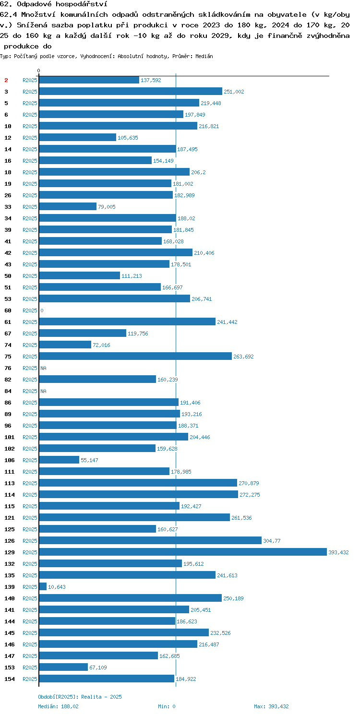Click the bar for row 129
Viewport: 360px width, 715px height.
click(183, 552)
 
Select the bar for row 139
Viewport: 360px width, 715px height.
click(43, 586)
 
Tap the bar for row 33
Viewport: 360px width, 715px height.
click(68, 206)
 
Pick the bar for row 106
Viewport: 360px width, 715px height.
click(59, 460)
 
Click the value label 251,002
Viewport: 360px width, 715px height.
click(234, 92)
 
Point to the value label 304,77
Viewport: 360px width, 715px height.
click(272, 541)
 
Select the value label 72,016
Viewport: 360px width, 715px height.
click(101, 345)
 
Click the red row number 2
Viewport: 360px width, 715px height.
click(6, 80)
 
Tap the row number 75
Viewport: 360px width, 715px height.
click(8, 357)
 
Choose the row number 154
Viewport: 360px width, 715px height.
click(10, 679)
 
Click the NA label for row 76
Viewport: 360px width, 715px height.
click(43, 368)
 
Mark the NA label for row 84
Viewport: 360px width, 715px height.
click(43, 391)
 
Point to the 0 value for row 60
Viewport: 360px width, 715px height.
click(42, 310)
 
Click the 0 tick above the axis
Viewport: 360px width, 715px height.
click(38, 71)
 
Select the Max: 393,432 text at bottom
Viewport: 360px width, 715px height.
click(271, 706)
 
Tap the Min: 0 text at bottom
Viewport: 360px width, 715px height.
click(167, 706)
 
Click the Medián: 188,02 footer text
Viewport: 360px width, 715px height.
click(58, 706)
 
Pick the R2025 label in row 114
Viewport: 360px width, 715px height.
click(30, 495)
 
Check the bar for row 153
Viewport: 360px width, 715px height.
click(63, 667)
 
